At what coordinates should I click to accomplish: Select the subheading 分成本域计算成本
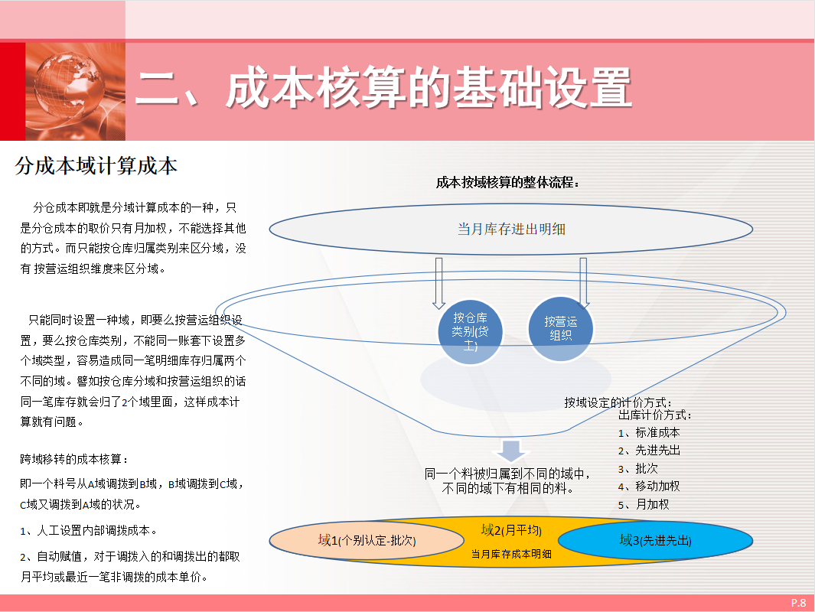96,167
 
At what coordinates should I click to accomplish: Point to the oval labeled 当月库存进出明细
511,228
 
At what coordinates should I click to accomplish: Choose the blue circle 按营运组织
561,328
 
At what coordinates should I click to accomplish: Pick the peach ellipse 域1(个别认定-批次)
367,540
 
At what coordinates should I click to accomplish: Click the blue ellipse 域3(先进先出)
654,540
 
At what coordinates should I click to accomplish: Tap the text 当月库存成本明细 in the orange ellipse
511,554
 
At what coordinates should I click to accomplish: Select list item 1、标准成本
649,432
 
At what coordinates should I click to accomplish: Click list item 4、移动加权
649,486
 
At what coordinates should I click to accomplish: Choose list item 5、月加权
644,504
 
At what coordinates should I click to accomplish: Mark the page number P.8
798,603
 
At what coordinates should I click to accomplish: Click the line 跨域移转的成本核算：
74,459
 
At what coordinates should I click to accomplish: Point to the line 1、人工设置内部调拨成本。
90,530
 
